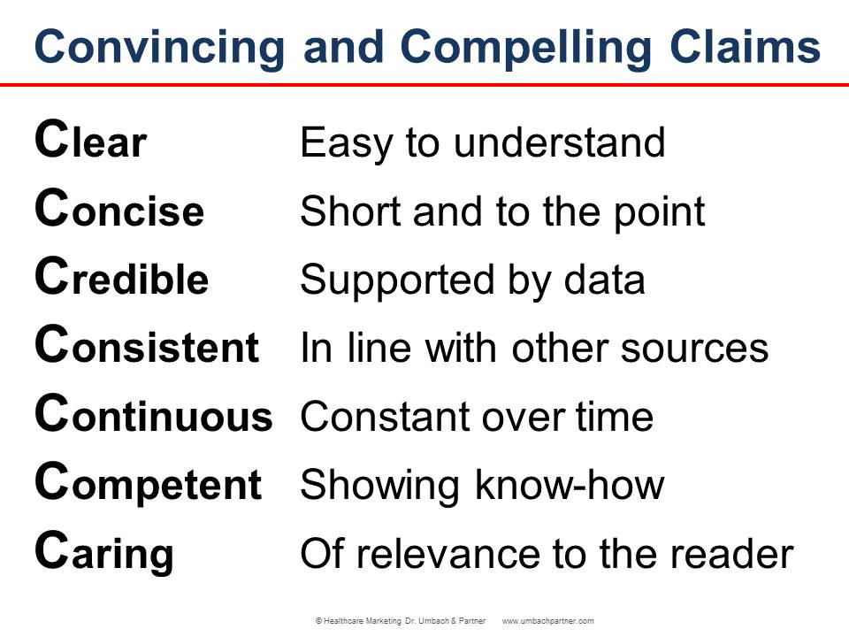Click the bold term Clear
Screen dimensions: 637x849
[90, 142]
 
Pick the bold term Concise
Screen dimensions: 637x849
[119, 211]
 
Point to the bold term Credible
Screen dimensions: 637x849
[121, 279]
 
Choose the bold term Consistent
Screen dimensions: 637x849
[147, 347]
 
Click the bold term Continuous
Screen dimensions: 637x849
[153, 416]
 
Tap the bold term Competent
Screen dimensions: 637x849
[148, 484]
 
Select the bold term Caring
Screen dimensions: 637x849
[104, 553]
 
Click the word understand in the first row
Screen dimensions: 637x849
[559, 142]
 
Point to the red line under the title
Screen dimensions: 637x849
[424, 85]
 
